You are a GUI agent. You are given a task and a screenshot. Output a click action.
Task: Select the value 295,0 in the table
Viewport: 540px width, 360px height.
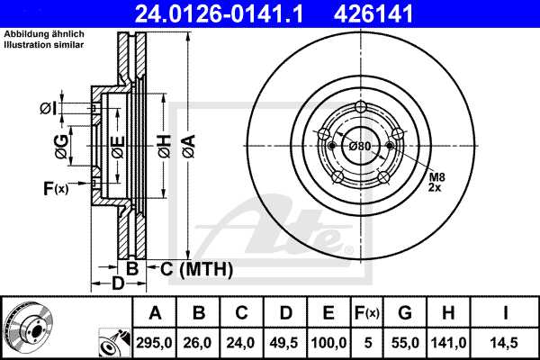tap(156, 343)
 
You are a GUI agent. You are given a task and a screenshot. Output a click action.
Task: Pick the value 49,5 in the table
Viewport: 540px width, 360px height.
tap(286, 343)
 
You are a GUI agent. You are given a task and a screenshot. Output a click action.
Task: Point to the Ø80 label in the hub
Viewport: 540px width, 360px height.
tap(361, 146)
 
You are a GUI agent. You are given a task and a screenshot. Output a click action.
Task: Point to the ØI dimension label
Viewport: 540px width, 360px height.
tap(49, 109)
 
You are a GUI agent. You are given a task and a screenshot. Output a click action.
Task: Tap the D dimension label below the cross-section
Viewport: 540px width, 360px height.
tap(117, 285)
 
